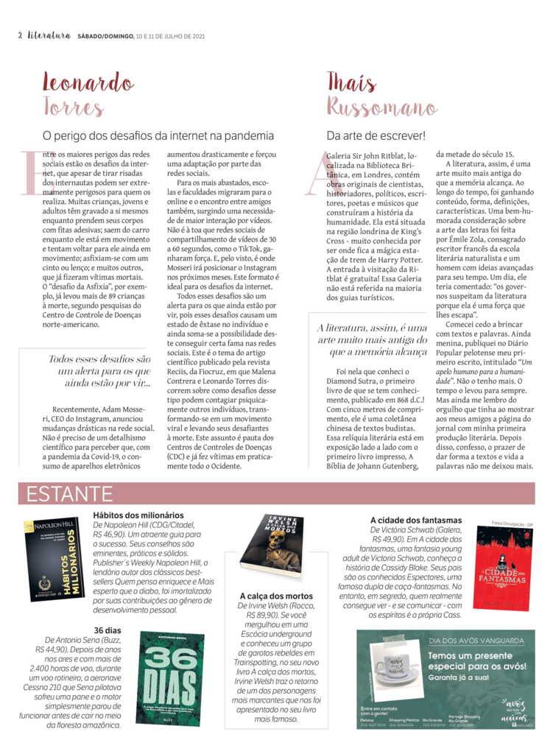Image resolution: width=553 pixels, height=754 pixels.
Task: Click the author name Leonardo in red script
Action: pos(88,82)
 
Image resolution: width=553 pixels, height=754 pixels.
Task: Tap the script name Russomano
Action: pos(382,108)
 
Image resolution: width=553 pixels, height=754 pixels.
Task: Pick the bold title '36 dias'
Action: pos(108,630)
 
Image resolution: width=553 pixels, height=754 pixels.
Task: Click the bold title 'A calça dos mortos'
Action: pos(276,595)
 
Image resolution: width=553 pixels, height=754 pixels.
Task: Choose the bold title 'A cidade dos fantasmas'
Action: pos(416,520)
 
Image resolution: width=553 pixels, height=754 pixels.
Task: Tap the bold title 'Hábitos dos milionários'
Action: pos(138,515)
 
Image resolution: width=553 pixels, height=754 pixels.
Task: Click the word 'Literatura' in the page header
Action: pos(49,35)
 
